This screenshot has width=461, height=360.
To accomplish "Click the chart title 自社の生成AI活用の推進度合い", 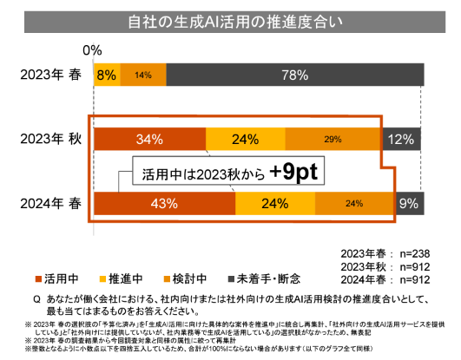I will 230,21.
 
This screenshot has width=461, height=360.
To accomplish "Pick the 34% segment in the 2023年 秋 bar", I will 149,139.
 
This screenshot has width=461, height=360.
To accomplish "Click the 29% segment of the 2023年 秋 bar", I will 331,139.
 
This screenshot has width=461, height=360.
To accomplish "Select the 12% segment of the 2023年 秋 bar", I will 400,139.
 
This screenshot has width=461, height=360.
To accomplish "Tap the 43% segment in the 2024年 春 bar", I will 164,204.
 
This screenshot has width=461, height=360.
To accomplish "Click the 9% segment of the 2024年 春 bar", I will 407,204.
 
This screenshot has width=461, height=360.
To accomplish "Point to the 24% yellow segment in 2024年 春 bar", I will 274,204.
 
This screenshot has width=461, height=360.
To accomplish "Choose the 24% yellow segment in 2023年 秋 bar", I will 245,139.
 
